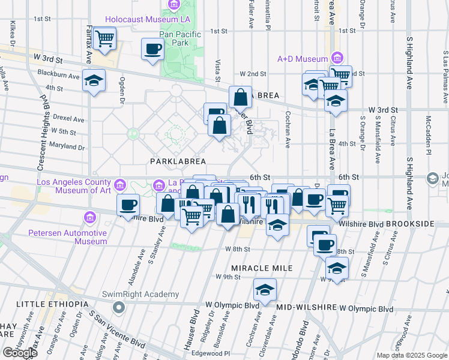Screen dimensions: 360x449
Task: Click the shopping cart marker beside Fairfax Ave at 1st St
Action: pyautogui.click(x=104, y=39)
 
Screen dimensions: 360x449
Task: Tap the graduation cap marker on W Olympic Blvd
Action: pyautogui.click(x=265, y=290)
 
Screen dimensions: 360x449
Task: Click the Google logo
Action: pyautogui.click(x=19, y=352)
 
